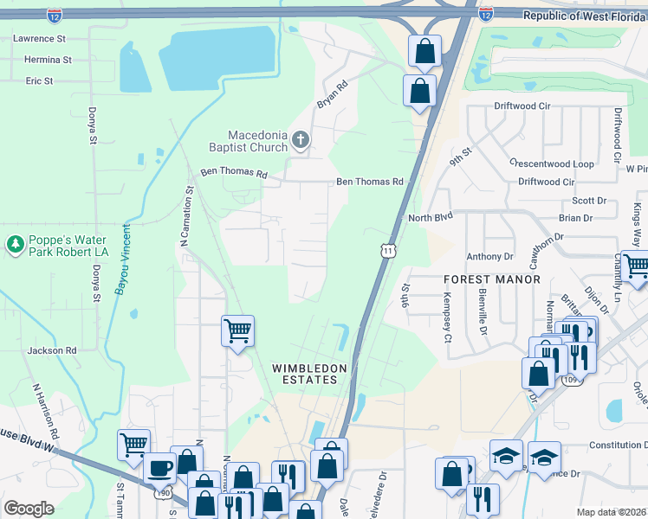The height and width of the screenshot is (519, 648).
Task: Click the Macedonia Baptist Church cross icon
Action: coord(301,140)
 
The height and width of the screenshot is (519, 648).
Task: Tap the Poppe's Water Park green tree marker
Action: coord(15,245)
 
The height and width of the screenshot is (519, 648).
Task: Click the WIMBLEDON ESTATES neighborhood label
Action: coord(309,374)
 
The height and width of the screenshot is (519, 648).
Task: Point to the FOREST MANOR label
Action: coord(492,279)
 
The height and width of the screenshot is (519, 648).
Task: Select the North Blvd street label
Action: coord(431,218)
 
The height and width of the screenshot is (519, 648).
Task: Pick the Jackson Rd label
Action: coord(52,350)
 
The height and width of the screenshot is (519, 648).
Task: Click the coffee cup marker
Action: coord(159,467)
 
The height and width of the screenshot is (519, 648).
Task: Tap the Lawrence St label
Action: coord(39,39)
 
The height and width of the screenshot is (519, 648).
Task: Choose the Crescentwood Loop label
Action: coord(552,163)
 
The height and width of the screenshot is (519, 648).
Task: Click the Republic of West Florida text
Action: coord(585,16)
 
